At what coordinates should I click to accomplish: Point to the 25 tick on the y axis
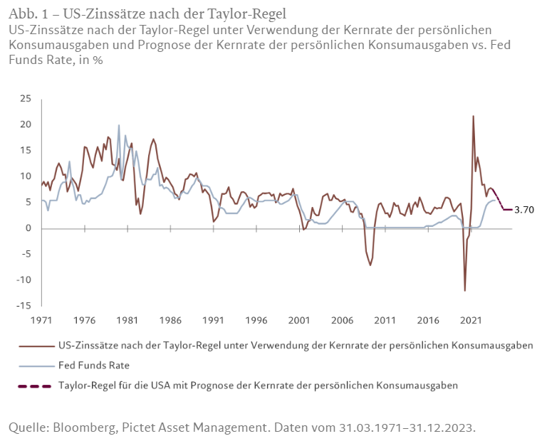point(26,98)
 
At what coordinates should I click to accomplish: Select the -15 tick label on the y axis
point(25,306)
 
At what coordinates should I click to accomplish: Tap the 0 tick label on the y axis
point(29,228)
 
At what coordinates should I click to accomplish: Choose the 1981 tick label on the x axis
point(127,320)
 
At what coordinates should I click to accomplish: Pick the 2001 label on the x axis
point(299,320)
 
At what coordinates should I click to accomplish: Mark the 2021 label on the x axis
point(471,320)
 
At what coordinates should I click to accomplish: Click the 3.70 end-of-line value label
point(524,210)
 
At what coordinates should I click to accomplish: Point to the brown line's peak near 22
point(474,116)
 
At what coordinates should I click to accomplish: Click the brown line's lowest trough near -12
point(465,290)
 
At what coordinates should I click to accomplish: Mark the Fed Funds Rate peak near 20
point(119,125)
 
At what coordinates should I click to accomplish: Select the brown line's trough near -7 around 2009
point(370,265)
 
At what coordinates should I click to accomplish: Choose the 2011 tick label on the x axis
point(385,320)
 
